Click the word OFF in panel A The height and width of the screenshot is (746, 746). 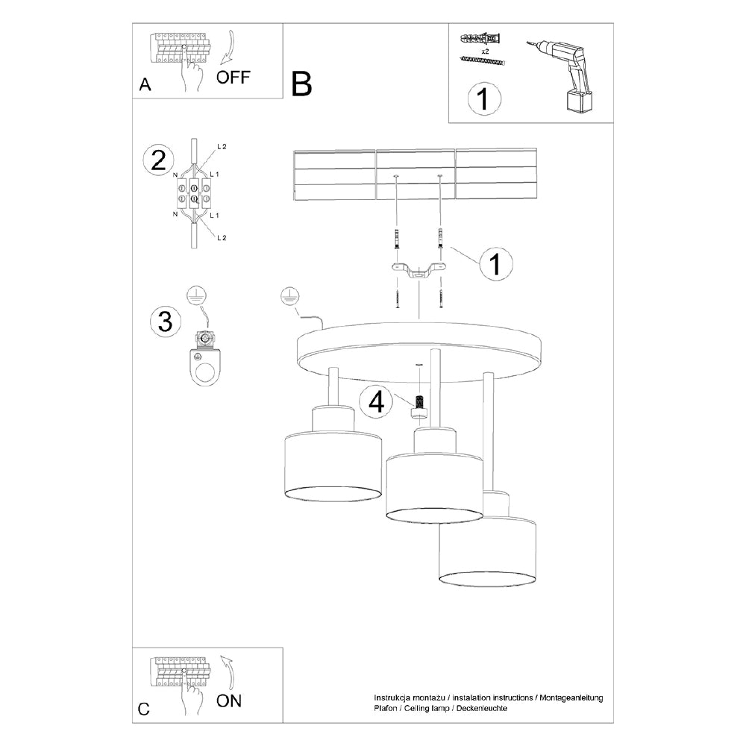point(233,77)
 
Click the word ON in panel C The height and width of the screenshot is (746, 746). point(229,700)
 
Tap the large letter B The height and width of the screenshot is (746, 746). point(301,84)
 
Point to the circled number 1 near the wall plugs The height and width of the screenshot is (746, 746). point(495,265)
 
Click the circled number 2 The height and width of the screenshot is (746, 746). point(158,160)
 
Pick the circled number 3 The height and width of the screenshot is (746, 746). point(165,322)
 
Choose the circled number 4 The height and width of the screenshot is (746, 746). point(376,402)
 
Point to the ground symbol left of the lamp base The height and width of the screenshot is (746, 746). point(288,296)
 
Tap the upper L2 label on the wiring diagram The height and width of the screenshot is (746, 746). point(222,147)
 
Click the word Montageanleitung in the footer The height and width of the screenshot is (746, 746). point(570,698)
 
